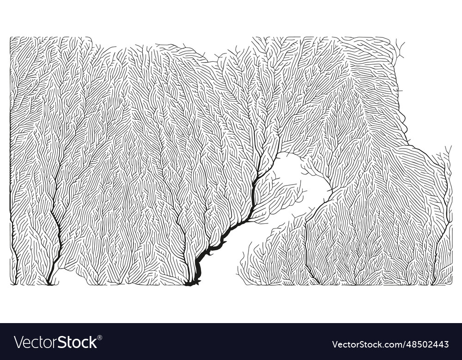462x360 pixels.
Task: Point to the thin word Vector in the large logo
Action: click(35, 342)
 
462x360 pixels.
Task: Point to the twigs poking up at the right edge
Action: click(447, 152)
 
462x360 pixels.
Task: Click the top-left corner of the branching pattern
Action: click(11, 38)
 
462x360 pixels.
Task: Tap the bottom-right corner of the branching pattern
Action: click(451, 283)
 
